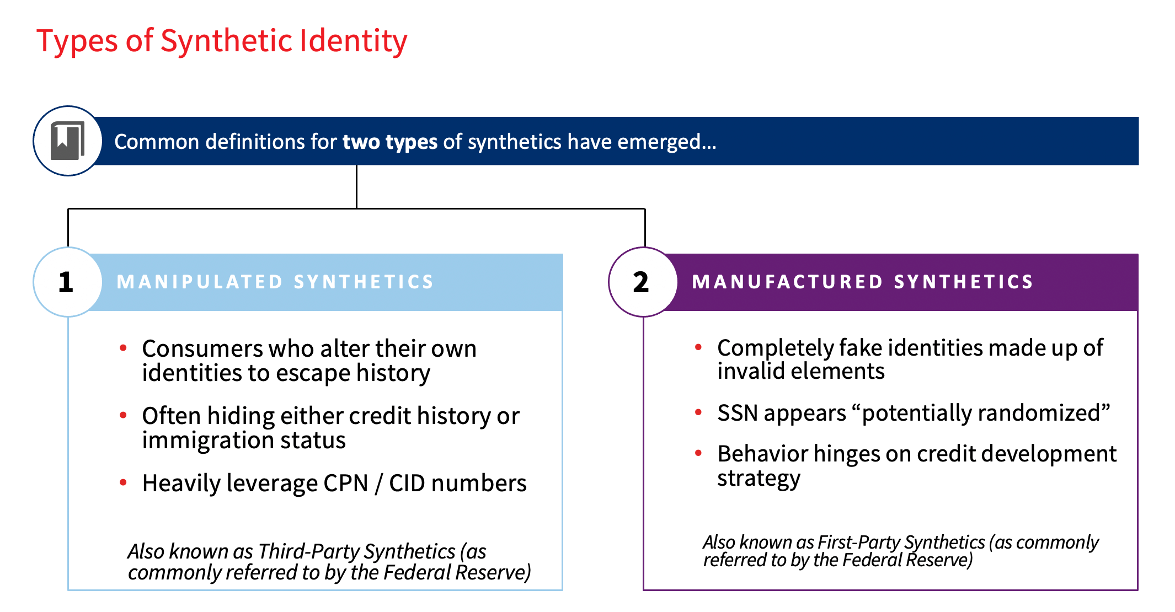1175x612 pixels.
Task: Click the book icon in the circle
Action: coord(68,141)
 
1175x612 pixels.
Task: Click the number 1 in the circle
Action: coord(66,282)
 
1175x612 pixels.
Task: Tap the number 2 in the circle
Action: coord(641,282)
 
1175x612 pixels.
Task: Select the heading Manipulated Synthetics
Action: coord(275,282)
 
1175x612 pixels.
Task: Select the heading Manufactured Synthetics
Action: coord(863,282)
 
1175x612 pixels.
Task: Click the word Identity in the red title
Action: coord(354,41)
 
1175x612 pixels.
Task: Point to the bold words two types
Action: coord(390,142)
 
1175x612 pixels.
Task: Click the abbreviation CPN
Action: coord(346,484)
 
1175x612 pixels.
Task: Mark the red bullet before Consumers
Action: coord(124,348)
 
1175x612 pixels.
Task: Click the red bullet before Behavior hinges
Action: coord(698,453)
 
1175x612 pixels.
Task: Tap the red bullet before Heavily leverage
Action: coord(124,483)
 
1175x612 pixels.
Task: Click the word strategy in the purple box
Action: coord(759,478)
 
